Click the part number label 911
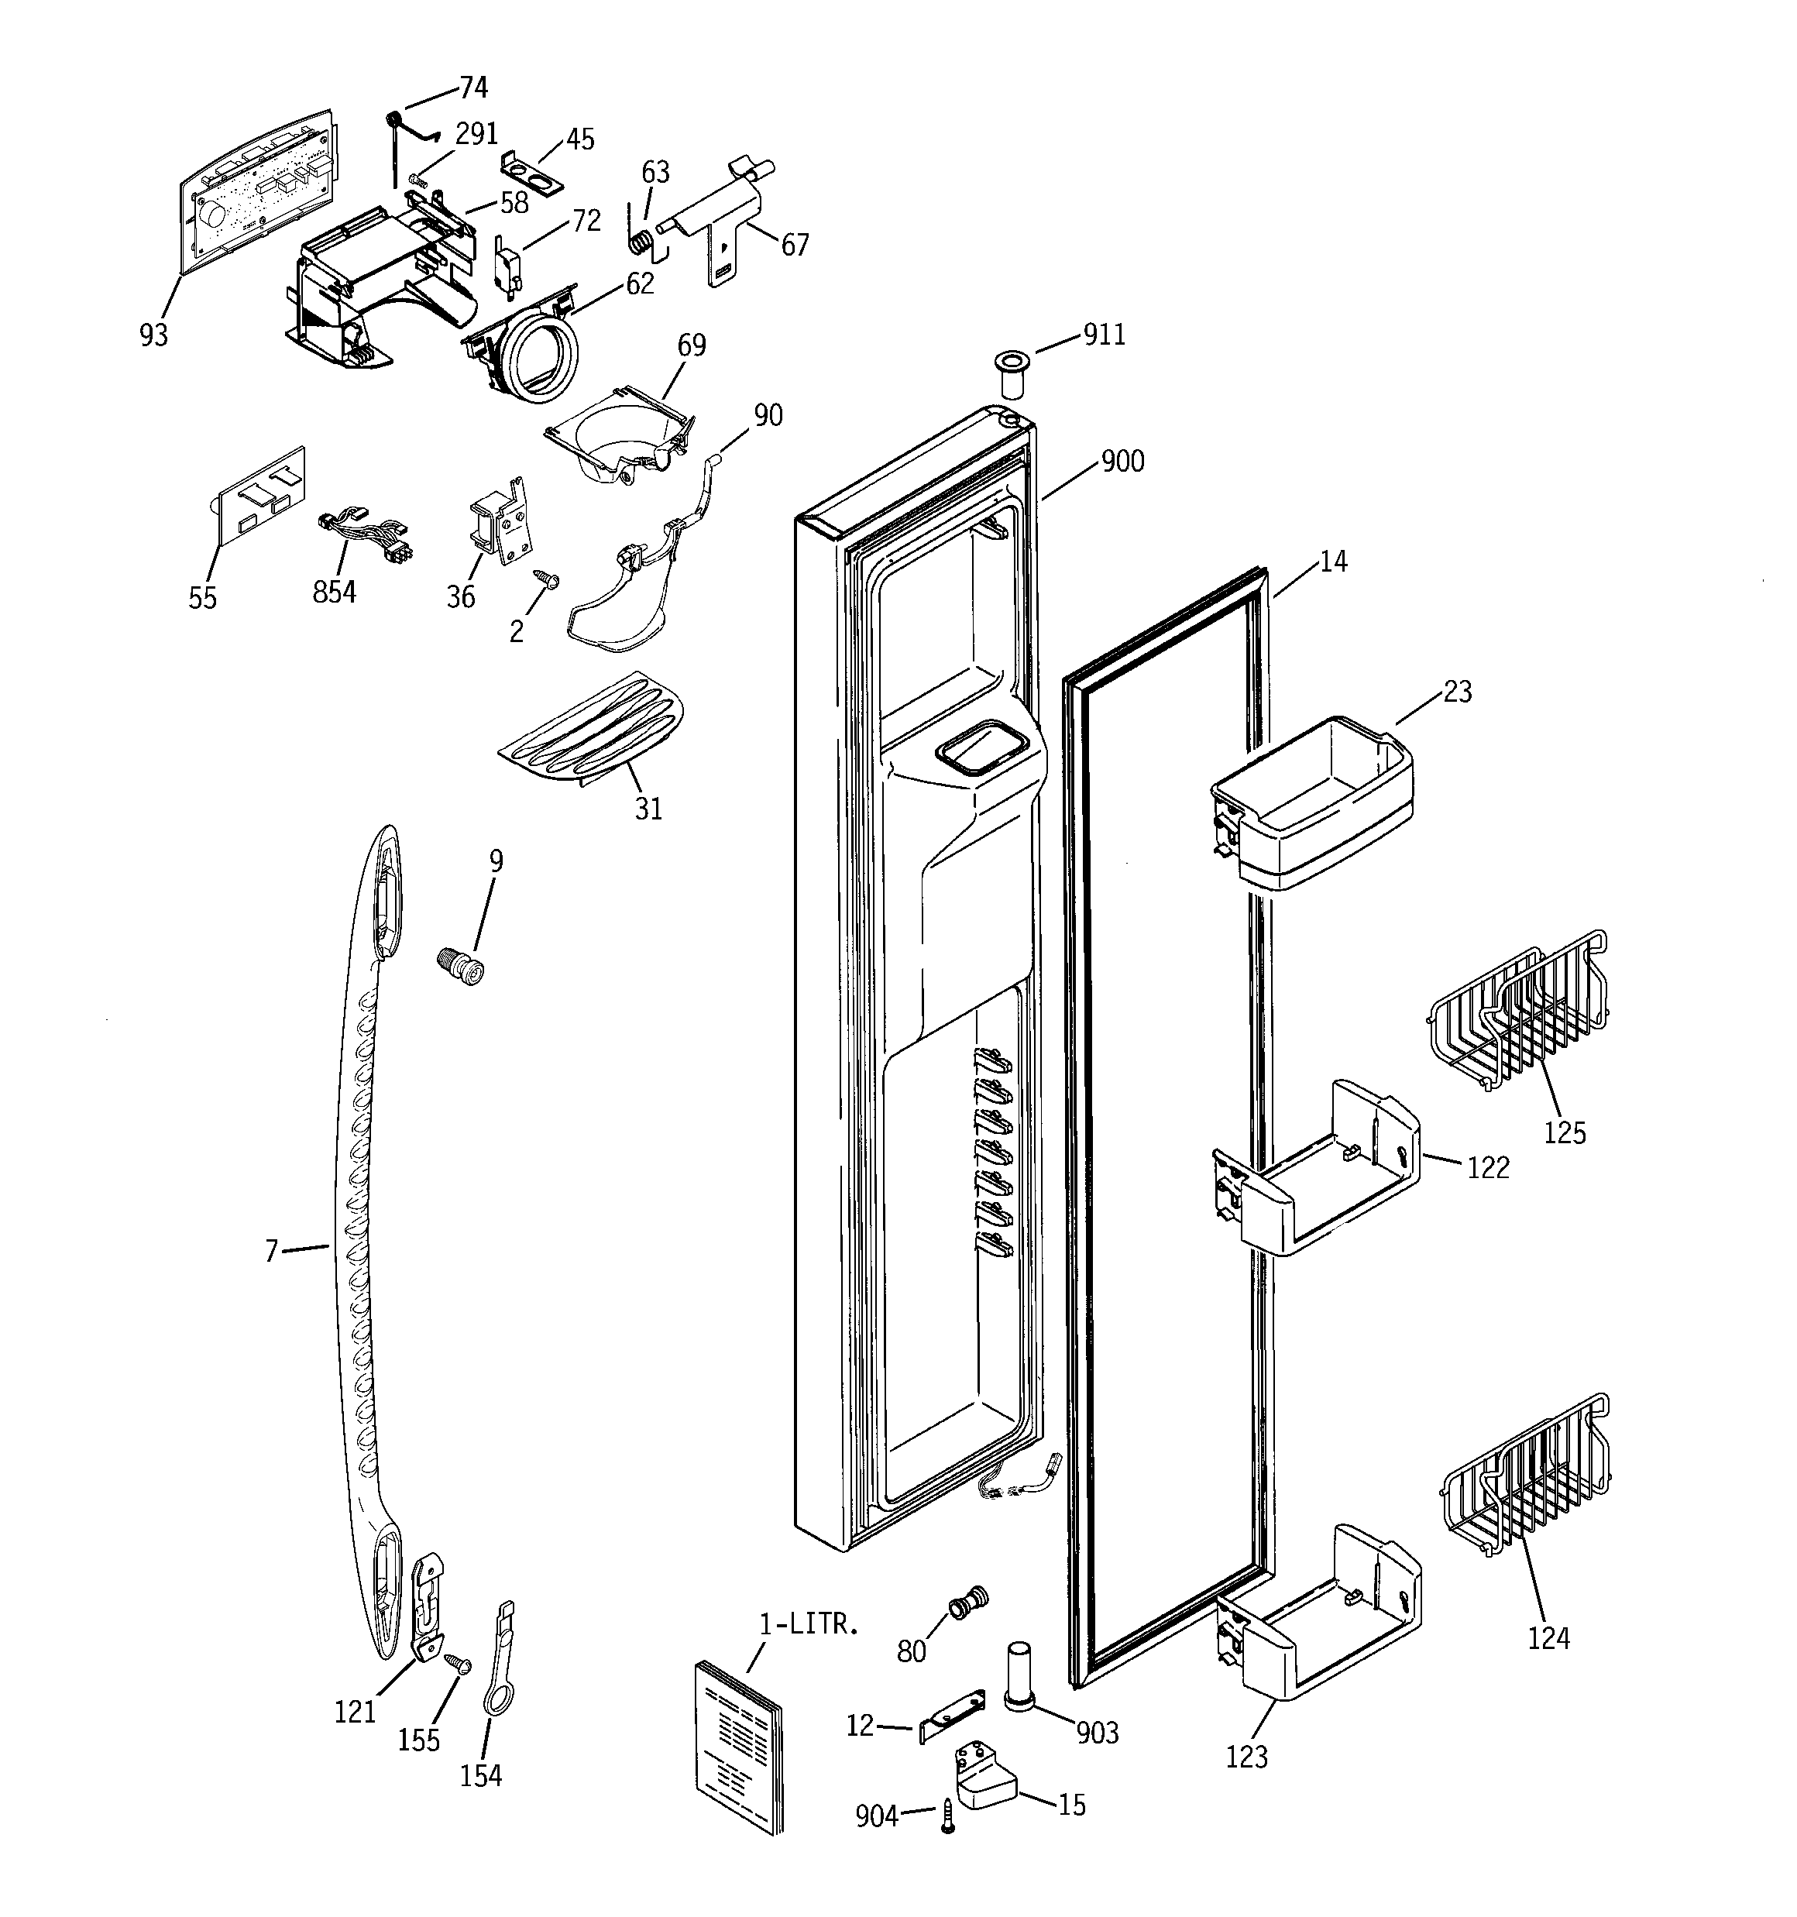tap(1104, 335)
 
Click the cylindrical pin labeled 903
tap(1022, 1676)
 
